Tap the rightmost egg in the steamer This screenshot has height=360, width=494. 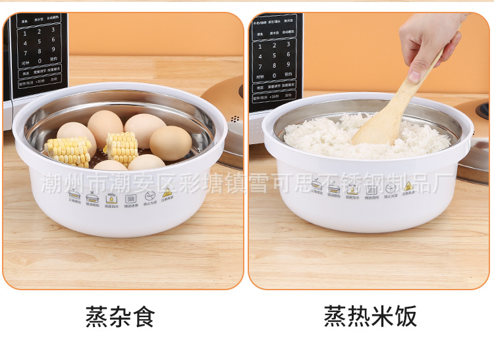point(171,143)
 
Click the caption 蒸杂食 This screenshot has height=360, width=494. point(120,316)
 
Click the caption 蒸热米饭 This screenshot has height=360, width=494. point(370,316)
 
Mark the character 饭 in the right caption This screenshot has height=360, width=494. point(405,316)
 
